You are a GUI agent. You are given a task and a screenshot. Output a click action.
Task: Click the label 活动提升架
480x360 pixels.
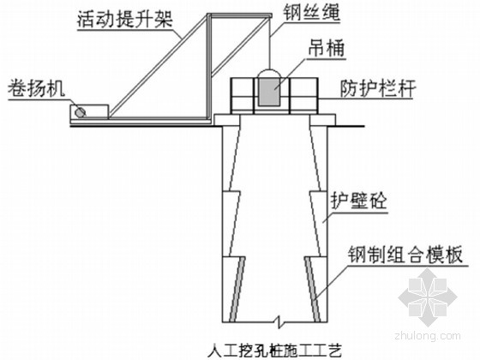point(125,19)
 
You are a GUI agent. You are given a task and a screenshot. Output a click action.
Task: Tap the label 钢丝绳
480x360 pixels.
point(311,13)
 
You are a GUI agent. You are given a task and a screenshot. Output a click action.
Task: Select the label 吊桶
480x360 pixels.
point(326,48)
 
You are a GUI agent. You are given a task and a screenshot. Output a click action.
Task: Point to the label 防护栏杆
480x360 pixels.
point(378,88)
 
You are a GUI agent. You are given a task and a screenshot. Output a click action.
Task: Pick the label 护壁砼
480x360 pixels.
point(359,201)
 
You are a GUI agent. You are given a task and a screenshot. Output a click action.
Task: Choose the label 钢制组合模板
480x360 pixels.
point(405,255)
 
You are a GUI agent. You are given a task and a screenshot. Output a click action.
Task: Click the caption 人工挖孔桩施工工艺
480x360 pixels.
point(274,351)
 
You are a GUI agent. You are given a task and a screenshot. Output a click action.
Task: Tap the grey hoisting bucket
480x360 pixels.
point(269,91)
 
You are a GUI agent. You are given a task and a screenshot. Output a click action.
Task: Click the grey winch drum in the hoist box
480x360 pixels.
point(81,112)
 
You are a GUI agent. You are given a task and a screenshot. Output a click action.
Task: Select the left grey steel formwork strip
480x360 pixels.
point(237,289)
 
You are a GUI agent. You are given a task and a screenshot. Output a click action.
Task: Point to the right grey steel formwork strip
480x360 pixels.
point(312,289)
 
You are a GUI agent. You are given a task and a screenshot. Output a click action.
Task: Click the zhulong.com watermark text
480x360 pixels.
point(428,335)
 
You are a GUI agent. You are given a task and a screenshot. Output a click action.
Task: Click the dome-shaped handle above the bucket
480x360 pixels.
point(269,73)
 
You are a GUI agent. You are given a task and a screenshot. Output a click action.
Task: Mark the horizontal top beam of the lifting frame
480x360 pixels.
point(239,15)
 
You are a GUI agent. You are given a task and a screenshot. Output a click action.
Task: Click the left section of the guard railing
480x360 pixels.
point(243,96)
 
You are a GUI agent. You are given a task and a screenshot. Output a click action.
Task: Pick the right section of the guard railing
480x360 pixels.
point(303,96)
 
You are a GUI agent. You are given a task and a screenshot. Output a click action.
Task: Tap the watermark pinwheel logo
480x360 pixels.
point(428,297)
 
